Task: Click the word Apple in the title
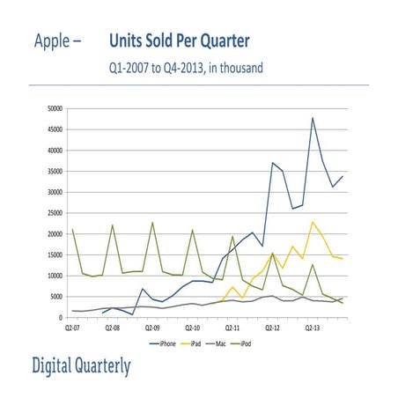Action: coord(54,41)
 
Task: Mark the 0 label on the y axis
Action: coord(60,318)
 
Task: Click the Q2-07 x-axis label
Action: coord(72,327)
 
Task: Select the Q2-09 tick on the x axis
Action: coord(152,327)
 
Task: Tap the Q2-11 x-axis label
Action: coord(232,327)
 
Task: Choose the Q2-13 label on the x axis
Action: coord(313,327)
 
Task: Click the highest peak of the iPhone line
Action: coord(313,118)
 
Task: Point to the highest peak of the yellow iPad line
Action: coord(313,222)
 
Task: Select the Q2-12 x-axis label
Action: coord(272,327)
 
